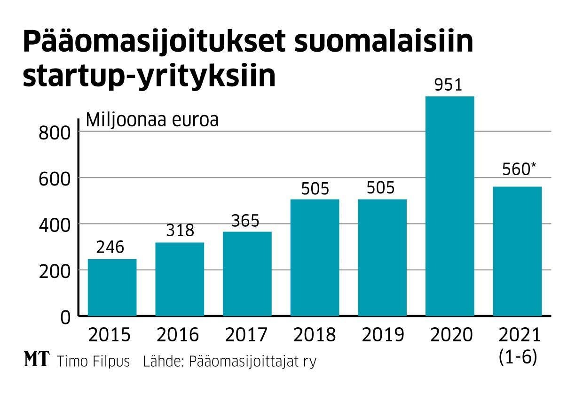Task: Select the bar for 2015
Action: click(x=112, y=287)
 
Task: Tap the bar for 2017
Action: click(x=247, y=274)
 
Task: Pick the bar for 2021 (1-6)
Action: click(x=517, y=251)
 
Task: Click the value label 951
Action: click(x=449, y=85)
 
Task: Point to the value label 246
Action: click(x=110, y=247)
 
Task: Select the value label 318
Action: click(x=180, y=231)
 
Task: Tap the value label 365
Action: click(x=245, y=220)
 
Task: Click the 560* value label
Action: click(x=519, y=170)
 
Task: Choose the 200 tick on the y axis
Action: click(x=55, y=272)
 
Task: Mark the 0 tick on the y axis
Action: click(x=65, y=317)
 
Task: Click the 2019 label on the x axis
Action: click(x=383, y=335)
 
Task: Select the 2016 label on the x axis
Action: click(x=178, y=335)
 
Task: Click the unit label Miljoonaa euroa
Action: click(x=152, y=120)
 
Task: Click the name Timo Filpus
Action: click(x=93, y=362)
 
